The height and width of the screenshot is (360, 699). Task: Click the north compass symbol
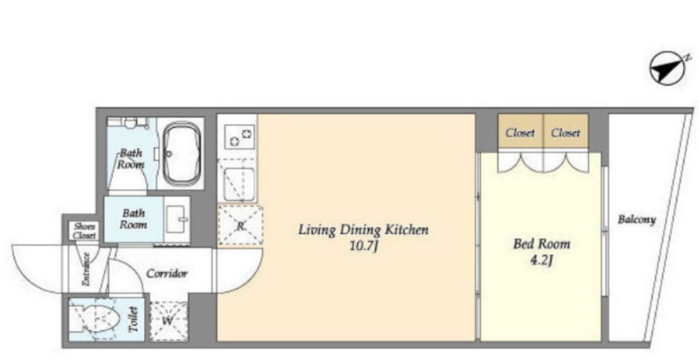667,70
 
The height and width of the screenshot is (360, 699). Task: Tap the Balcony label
637,219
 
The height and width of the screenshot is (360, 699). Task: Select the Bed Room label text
542,244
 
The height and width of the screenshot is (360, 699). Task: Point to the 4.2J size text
542,260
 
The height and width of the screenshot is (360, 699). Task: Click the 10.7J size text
363,246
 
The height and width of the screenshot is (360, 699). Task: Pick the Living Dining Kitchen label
363,230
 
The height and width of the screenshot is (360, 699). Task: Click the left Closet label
520,133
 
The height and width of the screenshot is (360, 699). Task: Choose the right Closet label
565,133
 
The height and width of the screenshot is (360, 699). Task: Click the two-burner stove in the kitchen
239,135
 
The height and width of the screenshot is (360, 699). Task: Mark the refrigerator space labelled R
240,225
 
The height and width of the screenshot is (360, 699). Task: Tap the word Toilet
134,320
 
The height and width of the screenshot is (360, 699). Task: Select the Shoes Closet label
85,231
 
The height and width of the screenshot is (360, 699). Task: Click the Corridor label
167,273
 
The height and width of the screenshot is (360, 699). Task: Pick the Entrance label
86,269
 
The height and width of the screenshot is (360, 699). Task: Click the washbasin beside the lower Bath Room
177,219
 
